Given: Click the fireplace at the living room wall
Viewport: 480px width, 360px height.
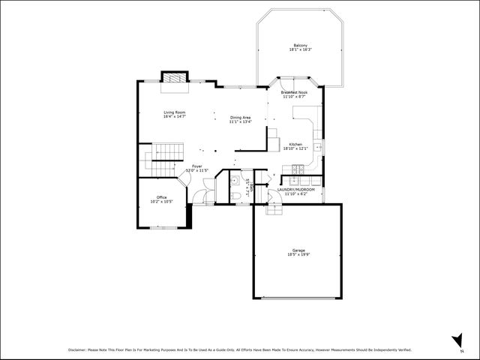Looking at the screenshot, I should click(174, 77).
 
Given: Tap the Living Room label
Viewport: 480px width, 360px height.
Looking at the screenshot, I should click(175, 112).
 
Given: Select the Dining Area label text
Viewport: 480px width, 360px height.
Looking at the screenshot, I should click(241, 118).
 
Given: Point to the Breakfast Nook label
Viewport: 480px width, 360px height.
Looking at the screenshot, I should click(294, 92).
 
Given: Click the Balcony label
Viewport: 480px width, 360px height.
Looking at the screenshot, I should click(300, 45).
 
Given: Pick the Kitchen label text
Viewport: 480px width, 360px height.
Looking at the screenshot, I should click(296, 144).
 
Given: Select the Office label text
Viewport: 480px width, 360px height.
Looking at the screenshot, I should click(161, 197).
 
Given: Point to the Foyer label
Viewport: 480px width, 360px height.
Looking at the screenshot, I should click(196, 166).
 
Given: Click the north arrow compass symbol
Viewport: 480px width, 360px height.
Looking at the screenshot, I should click(455, 339).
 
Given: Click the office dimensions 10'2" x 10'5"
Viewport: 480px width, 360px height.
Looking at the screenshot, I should click(161, 202).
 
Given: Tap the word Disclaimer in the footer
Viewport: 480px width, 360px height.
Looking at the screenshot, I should click(77, 349).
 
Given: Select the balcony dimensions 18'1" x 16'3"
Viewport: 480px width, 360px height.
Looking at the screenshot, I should click(300, 49).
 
